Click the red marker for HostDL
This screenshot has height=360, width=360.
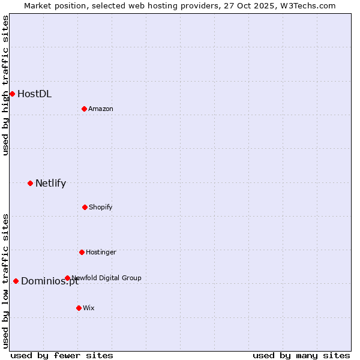12,94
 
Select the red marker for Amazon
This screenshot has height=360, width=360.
84,109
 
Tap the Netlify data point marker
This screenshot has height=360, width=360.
30,183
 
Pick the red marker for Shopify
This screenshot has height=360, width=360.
85,207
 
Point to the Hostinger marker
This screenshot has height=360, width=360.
82,252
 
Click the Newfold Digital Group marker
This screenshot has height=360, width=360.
67,278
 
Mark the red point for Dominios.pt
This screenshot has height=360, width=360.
16,281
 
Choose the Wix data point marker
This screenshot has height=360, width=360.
79,308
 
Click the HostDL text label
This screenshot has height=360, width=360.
34,94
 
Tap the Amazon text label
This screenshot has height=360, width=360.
101,109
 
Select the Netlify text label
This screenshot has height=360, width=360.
50,183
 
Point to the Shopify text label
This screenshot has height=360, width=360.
101,207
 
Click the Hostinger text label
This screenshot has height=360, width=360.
101,252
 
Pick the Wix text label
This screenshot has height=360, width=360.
89,308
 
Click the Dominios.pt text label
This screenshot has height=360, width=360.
50,281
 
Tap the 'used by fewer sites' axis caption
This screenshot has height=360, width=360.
62,355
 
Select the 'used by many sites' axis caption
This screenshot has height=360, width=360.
301,355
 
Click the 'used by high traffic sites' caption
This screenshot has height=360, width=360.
5,85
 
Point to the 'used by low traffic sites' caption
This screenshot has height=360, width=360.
5,280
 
